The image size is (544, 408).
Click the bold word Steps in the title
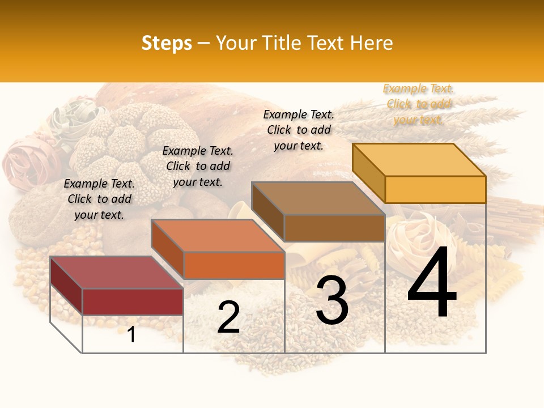coord(167,43)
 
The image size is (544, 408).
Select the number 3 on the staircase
coord(332,301)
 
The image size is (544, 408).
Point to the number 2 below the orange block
coord(228,317)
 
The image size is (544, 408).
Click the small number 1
coord(131,334)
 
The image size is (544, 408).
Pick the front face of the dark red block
coord(133,301)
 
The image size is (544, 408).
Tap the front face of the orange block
coord(233,265)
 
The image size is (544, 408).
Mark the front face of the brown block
coord(334,228)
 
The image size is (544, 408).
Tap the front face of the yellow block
coord(435,189)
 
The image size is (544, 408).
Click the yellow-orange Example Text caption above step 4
coord(418,104)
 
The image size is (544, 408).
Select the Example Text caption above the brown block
coord(299,130)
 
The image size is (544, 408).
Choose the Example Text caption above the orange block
coord(198,166)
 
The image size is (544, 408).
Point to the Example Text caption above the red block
coord(99,199)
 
